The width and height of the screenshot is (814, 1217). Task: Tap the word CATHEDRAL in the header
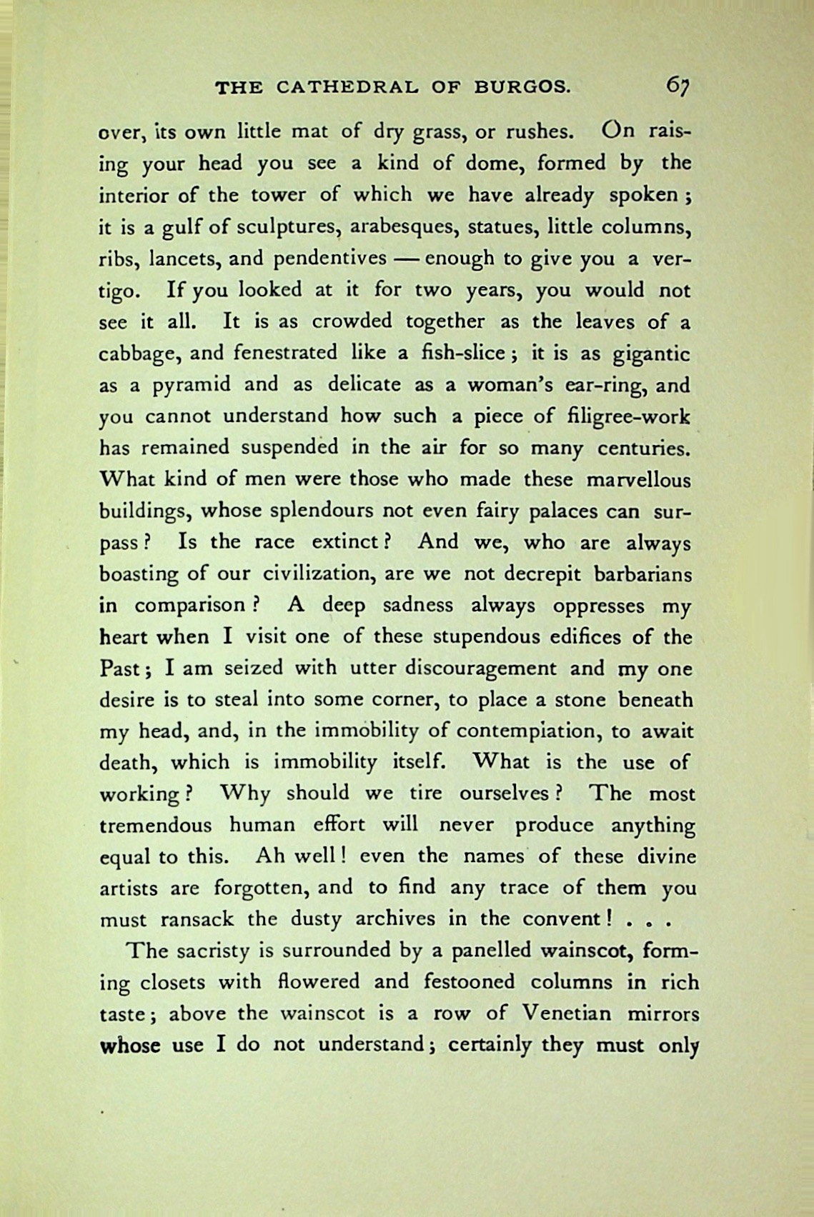tap(348, 88)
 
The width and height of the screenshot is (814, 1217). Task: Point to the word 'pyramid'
tap(192, 385)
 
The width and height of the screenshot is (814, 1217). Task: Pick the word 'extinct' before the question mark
tap(344, 542)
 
